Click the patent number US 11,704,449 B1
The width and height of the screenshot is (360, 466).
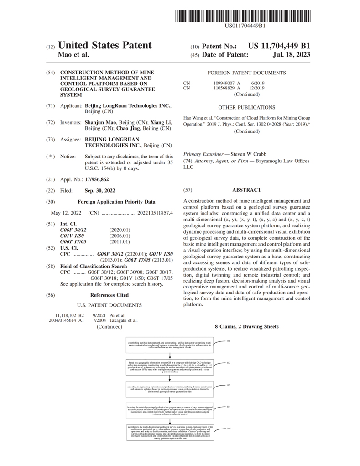tap(279, 46)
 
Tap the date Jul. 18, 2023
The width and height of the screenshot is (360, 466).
tap(292, 55)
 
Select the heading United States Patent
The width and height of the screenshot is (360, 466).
tap(105, 45)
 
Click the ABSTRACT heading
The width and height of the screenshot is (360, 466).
tap(246, 190)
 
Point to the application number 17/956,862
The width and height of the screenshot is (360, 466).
tap(97, 179)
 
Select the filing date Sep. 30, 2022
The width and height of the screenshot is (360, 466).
tap(100, 191)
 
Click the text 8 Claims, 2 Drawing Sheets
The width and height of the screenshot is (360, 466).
tap(246, 327)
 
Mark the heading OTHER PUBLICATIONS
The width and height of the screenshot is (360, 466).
tap(246, 108)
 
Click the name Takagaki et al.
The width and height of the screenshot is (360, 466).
tap(124, 320)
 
